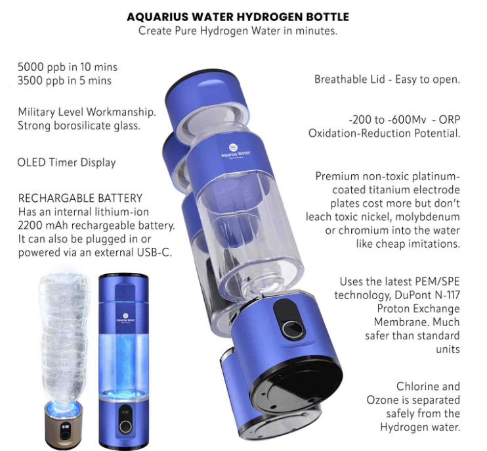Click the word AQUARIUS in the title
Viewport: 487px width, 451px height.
155,16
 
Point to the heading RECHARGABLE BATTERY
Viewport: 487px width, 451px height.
80,198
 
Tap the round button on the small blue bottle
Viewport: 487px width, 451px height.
125,426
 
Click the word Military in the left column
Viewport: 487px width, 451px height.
38,112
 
